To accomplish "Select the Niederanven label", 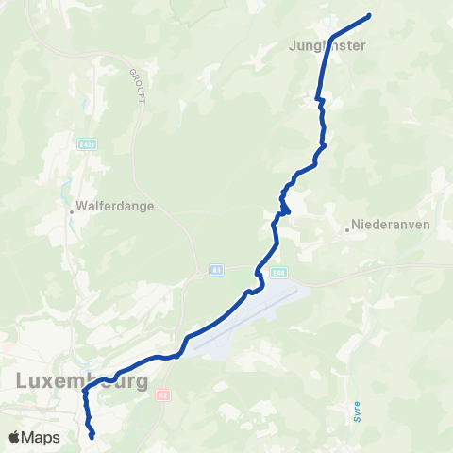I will click(391, 226).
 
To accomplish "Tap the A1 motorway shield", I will click(216, 270).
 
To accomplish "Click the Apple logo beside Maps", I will click(14, 437).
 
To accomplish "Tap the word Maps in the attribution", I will click(42, 437).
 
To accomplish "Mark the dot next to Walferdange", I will click(72, 211).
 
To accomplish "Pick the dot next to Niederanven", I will click(346, 226).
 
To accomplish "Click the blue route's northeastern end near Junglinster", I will click(368, 15).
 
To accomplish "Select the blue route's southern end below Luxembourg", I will click(92, 437).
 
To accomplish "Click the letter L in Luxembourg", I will click(23, 382).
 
